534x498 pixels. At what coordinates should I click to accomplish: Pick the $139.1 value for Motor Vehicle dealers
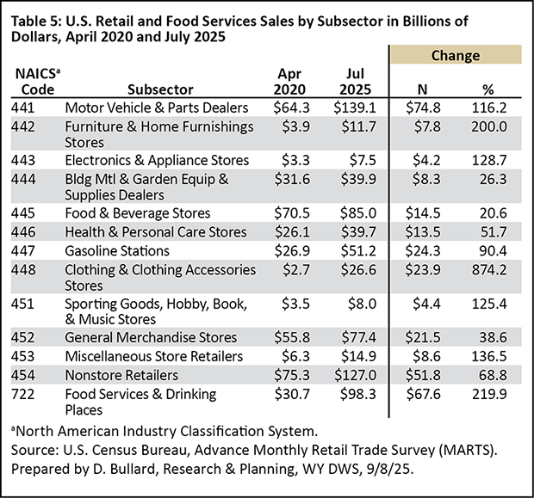pos(352,108)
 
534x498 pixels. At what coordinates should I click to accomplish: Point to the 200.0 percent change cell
pos(491,127)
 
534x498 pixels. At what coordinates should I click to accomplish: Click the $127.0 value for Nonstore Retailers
pos(352,374)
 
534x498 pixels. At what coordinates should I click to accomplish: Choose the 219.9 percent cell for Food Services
pos(491,393)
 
